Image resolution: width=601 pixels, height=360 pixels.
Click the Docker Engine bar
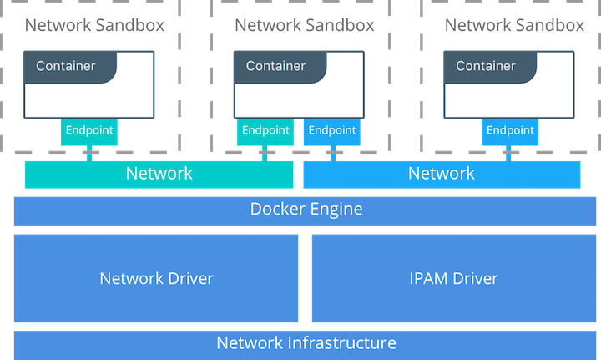click(306, 210)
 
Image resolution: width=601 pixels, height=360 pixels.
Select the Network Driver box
click(156, 278)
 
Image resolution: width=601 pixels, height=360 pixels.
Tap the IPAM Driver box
click(454, 278)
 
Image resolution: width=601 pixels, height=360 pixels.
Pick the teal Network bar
click(159, 174)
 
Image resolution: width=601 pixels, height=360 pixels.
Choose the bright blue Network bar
click(441, 174)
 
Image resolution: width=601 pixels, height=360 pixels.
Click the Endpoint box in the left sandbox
click(88, 131)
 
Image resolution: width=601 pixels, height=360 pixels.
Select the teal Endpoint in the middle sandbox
click(265, 131)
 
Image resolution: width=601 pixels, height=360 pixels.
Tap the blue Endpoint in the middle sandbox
click(332, 131)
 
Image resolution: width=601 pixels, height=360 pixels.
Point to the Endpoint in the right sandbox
click(510, 131)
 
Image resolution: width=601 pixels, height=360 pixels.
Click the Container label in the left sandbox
click(66, 65)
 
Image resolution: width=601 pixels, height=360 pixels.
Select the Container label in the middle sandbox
click(275, 65)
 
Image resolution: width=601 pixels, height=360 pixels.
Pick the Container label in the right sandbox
click(486, 65)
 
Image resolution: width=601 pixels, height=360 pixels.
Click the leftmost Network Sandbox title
click(94, 25)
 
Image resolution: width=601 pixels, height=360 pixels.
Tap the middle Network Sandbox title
click(305, 25)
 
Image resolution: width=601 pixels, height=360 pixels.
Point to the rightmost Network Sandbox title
click(514, 25)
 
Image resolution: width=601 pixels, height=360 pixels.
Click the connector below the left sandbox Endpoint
click(88, 154)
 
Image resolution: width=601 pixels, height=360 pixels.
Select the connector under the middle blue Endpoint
click(332, 154)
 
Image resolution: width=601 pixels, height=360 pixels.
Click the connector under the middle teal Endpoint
click(265, 154)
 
